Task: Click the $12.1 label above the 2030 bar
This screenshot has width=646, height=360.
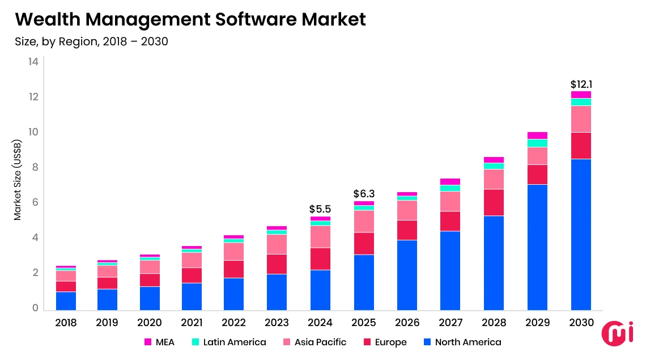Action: click(x=581, y=84)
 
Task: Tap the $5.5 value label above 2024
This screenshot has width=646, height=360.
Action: click(x=320, y=209)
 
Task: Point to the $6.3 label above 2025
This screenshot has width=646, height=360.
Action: click(x=363, y=194)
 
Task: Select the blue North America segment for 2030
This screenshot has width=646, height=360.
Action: click(x=581, y=234)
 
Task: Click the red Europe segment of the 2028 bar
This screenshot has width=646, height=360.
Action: click(x=494, y=202)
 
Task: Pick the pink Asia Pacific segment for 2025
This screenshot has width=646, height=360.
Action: click(x=363, y=221)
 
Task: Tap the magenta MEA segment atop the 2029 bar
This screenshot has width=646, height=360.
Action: click(x=537, y=135)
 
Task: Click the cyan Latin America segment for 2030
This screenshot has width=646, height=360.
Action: click(x=581, y=102)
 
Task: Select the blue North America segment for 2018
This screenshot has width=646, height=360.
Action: click(x=66, y=301)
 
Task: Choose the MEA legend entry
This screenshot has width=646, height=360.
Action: click(x=159, y=342)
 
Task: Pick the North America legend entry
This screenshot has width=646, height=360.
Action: click(x=462, y=342)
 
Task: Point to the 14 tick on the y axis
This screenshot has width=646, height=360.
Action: click(x=33, y=62)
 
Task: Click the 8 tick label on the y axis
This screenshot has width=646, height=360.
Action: click(x=35, y=167)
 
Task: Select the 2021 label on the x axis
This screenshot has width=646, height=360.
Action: click(x=192, y=323)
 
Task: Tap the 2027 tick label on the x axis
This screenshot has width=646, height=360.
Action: click(x=450, y=323)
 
